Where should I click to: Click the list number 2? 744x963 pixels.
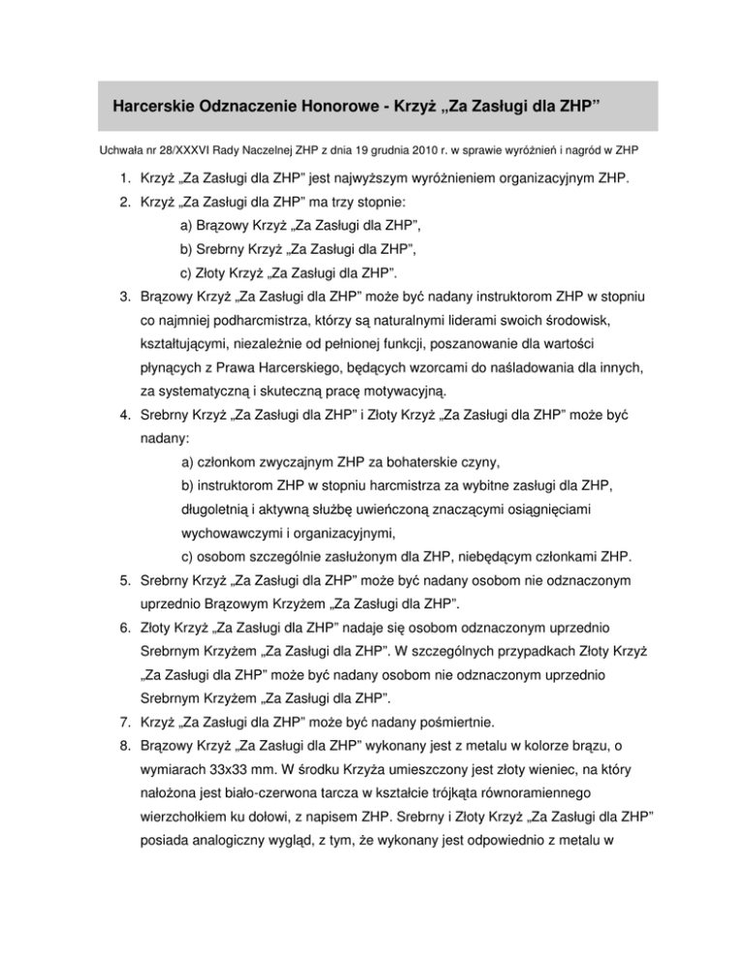113,217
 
